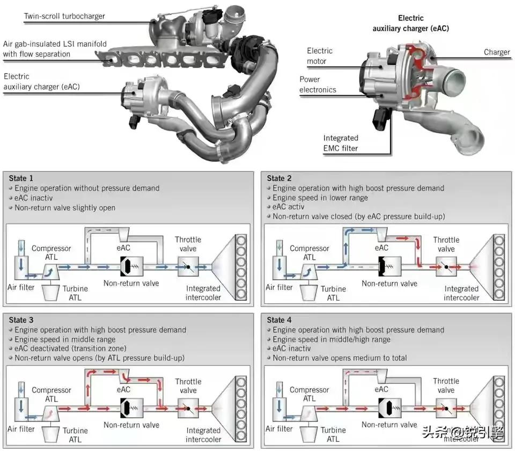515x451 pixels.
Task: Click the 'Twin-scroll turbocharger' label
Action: click(64, 16)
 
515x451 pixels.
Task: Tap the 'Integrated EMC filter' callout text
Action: click(341, 143)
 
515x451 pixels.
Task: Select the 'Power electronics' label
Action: click(318, 85)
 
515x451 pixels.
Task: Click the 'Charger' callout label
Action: click(496, 52)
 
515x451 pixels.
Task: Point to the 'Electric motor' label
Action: click(320, 56)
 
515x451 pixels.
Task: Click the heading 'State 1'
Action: click(21, 178)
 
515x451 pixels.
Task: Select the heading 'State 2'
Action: click(279, 178)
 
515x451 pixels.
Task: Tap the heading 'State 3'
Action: click(21, 320)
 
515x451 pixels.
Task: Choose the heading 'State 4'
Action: click(279, 320)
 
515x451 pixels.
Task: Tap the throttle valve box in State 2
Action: click(446, 266)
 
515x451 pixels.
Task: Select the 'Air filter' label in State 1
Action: click(21, 287)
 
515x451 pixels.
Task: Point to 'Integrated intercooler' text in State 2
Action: click(461, 293)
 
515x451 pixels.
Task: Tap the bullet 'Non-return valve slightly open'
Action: click(64, 208)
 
